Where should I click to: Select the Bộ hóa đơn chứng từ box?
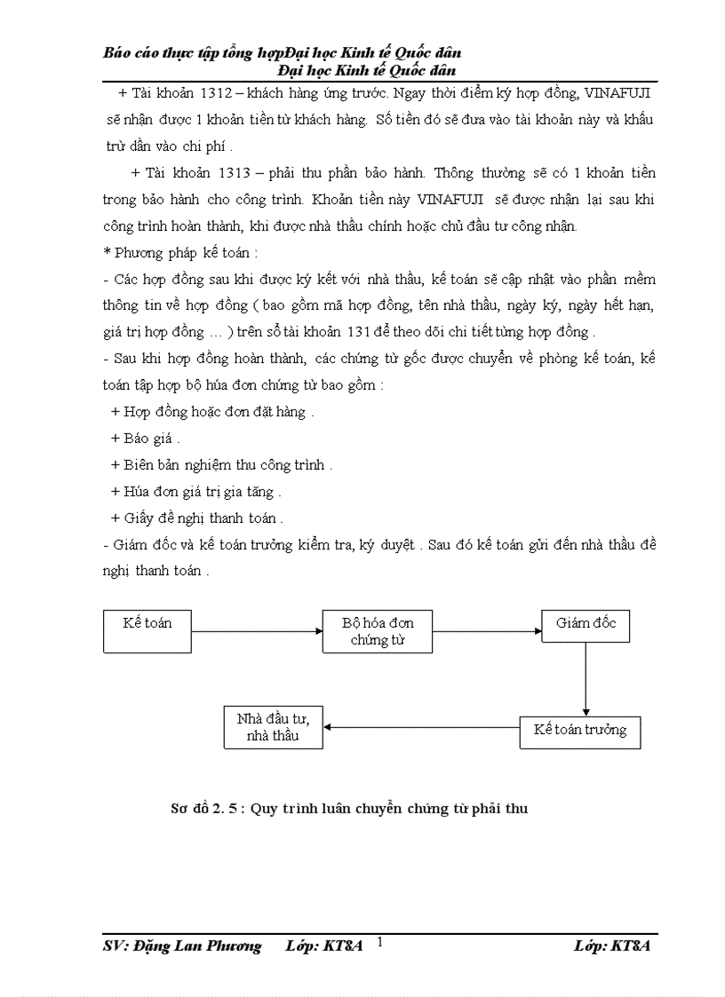click(378, 631)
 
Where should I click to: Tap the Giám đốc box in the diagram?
click(586, 624)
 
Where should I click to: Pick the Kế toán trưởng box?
click(579, 731)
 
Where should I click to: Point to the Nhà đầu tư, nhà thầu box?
click(273, 727)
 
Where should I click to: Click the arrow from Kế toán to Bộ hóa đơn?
click(258, 631)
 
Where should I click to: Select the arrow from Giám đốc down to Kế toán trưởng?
click(586, 678)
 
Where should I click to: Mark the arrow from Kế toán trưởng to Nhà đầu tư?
click(421, 728)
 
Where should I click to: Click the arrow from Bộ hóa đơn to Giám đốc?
click(487, 631)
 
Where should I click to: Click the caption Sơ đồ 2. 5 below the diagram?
click(349, 808)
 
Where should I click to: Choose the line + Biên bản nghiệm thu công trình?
click(221, 464)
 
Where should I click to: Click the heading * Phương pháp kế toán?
click(180, 252)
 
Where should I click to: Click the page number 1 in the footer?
click(380, 941)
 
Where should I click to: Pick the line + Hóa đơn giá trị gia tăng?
click(196, 491)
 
